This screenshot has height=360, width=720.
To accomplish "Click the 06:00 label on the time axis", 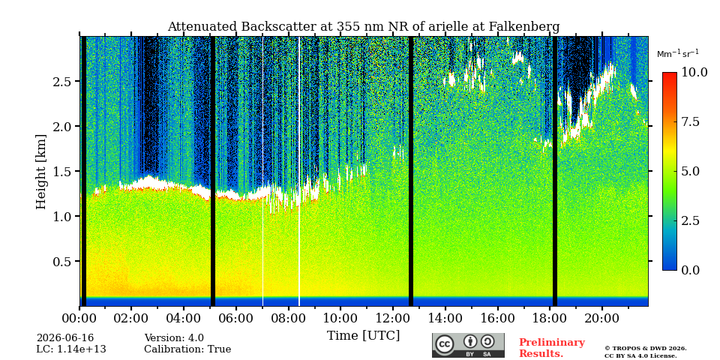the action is coord(236,318).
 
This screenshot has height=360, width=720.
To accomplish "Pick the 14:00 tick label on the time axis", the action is coord(445,318).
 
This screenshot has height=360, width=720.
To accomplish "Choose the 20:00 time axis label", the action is coord(602,318).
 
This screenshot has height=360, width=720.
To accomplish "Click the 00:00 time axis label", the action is coord(79,318).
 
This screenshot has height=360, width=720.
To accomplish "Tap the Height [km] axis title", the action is coord(41,172).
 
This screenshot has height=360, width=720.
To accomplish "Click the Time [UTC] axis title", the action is coord(363,336).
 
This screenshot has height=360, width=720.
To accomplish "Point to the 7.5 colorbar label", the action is coord(691,121).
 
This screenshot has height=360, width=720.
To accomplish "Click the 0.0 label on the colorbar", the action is coord(691,270).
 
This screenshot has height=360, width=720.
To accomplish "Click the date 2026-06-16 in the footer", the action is coord(65,338).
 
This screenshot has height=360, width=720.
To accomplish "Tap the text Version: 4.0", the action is coord(174,338).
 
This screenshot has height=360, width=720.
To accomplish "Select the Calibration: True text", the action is coord(187,349).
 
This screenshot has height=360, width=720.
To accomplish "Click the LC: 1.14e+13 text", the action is coord(71,349).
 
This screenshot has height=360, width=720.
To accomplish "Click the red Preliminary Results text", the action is coord(552,348).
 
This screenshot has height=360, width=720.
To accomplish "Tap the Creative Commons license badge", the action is coord(468,345).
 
